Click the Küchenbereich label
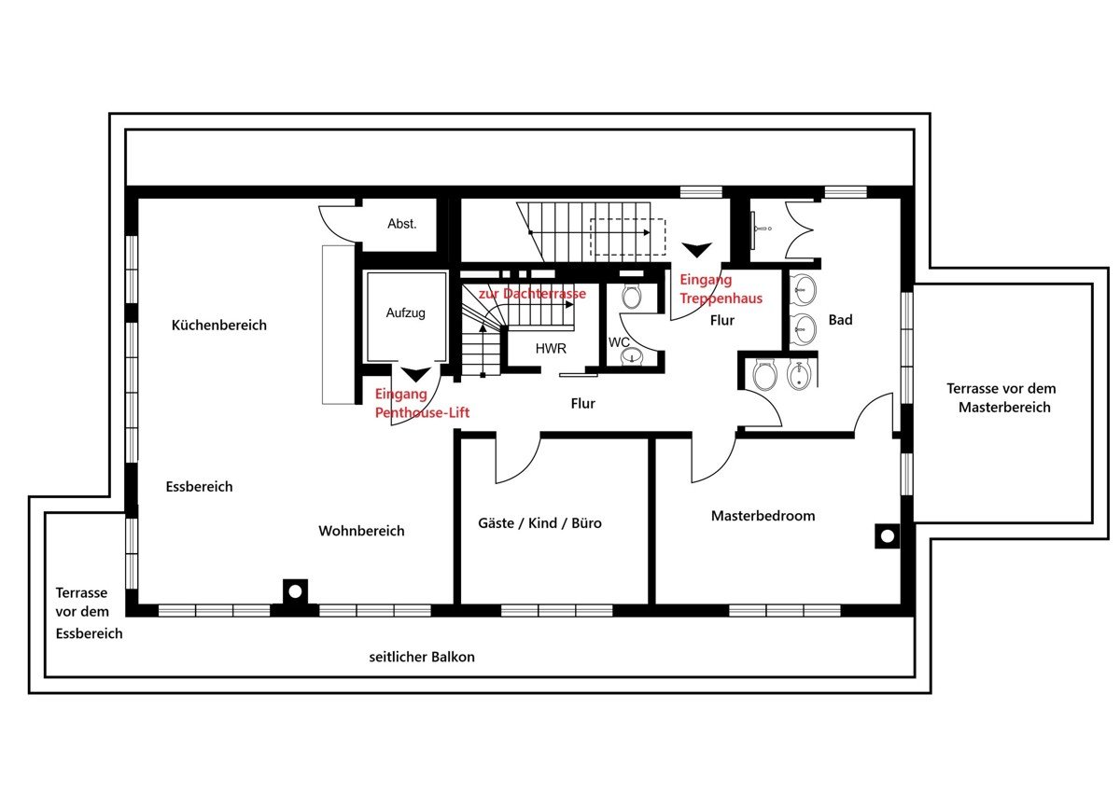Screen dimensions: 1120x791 pos(219,326)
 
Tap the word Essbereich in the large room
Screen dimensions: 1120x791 pos(199,487)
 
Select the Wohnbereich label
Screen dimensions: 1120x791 pos(361,531)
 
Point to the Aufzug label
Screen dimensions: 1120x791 pos(405,313)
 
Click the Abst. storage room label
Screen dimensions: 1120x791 pos(402,224)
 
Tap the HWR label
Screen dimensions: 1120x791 pos(551,349)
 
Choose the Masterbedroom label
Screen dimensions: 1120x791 pos(763,516)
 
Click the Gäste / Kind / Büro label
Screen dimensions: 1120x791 pos(540,523)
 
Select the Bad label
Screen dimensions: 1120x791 pos(841,320)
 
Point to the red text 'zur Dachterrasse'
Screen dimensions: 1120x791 pos(533,293)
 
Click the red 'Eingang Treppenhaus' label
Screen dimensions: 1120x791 pos(721,289)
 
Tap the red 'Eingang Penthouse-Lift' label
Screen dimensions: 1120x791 pos(422,403)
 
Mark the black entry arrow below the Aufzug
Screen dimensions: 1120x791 pos(416,374)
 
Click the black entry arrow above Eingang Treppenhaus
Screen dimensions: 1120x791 pos(697,249)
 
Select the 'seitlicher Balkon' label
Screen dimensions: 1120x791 pos(422,657)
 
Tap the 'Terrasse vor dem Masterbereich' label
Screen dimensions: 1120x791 pos(1002,397)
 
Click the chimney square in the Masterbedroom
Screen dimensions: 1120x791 pos(888,536)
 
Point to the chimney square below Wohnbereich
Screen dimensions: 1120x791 pos(296,591)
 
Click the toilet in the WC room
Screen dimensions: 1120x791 pos(632,297)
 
